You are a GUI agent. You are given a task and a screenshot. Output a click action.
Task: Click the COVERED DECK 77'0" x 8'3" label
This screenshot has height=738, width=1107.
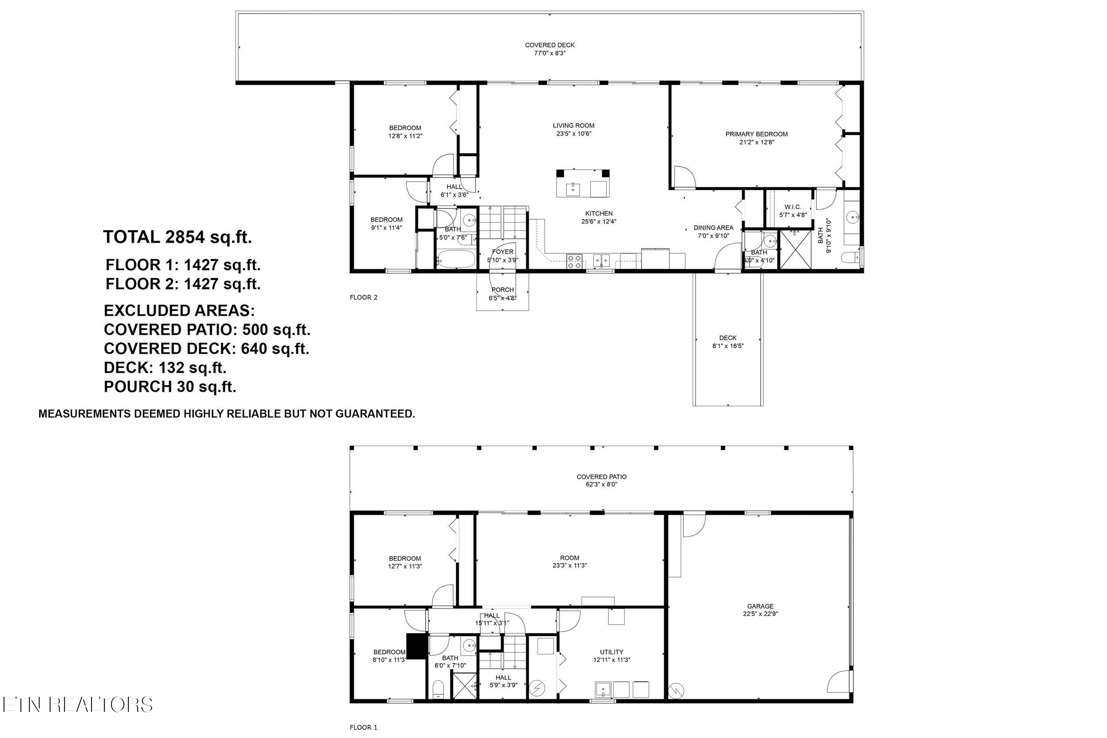(549, 49)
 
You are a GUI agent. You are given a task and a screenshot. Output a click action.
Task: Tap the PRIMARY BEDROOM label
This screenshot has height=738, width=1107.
(756, 134)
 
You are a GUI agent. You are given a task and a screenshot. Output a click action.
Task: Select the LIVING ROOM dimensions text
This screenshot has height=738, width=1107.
(573, 134)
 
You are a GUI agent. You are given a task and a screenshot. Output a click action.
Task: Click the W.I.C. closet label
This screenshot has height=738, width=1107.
(793, 207)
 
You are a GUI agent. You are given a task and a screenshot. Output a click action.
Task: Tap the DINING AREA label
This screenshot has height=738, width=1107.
(713, 228)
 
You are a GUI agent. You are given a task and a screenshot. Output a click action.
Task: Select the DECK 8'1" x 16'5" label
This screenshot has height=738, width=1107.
(728, 342)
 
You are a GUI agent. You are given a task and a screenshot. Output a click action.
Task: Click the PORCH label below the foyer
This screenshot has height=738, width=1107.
(502, 290)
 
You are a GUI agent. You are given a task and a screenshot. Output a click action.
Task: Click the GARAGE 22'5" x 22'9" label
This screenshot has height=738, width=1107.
(760, 610)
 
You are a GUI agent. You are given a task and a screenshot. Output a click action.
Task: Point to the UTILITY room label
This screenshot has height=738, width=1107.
(612, 652)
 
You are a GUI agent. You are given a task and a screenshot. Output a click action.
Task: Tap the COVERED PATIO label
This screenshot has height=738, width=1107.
(601, 477)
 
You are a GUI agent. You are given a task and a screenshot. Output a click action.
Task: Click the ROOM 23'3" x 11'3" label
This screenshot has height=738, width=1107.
(569, 561)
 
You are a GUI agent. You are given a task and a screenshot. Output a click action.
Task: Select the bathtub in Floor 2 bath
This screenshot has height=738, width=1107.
(456, 259)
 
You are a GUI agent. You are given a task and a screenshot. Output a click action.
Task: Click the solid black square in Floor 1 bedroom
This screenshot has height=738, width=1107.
(416, 647)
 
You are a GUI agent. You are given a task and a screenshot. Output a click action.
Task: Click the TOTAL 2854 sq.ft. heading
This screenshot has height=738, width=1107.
(178, 237)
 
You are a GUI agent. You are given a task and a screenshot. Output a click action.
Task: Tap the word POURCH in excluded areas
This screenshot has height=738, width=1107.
(137, 387)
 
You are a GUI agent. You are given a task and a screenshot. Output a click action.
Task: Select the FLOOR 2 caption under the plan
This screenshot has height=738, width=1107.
(364, 298)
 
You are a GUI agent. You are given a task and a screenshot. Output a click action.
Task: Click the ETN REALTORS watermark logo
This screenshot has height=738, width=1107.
(77, 705)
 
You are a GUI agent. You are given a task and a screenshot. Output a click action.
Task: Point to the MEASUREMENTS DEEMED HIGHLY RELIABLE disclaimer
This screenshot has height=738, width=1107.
(226, 413)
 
